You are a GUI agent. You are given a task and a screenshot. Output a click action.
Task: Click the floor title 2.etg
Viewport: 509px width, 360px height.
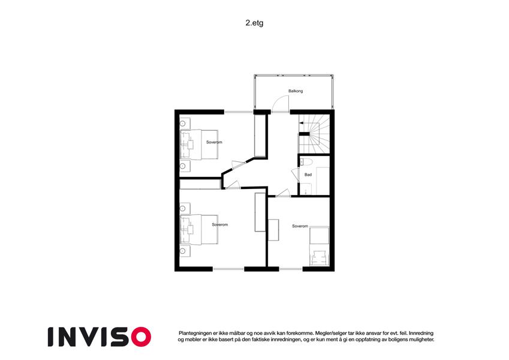[x=254, y=23]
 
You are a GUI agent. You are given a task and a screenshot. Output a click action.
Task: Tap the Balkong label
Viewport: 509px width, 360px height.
[x=296, y=91]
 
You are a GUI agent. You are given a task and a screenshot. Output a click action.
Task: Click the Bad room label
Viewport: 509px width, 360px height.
[x=308, y=175]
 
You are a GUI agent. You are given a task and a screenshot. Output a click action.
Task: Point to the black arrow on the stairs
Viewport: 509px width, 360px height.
[x=301, y=123]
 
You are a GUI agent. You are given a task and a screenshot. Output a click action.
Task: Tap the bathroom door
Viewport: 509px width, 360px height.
[x=296, y=175]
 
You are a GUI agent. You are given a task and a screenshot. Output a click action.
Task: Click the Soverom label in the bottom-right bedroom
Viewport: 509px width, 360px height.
[x=300, y=226]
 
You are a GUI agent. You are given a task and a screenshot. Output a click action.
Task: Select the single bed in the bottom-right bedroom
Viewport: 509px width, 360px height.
[x=319, y=246]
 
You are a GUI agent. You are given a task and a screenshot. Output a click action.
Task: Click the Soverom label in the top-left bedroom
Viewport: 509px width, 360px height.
[x=214, y=142]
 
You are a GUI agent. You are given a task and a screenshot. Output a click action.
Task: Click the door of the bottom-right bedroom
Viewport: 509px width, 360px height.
[x=283, y=193]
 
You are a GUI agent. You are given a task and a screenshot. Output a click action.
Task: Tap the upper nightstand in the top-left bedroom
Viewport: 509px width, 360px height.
[x=185, y=124]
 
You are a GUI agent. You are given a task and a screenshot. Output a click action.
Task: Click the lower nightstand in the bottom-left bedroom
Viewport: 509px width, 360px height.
[x=185, y=251]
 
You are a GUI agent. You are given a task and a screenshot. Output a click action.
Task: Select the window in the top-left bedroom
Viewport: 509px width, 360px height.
[x=239, y=112]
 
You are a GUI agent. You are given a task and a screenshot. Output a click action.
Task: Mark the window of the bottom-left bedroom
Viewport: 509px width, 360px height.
[x=228, y=269]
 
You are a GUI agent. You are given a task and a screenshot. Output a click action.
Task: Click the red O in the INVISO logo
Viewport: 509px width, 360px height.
[x=141, y=337]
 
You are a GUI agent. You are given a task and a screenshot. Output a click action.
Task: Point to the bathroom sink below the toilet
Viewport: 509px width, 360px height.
[x=306, y=189]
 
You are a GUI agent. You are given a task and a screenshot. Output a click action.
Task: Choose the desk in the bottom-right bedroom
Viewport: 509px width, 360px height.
[x=273, y=230]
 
